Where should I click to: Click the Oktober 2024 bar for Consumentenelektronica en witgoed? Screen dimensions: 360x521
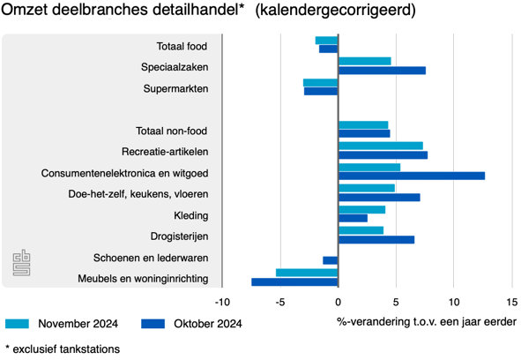pos(411,176)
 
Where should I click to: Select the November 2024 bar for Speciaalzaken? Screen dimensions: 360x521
pos(364,61)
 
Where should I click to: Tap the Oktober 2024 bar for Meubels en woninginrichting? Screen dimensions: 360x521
pos(294,282)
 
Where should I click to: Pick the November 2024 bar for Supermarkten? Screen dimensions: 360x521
pos(320,82)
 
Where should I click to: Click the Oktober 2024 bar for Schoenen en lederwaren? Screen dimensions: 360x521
pos(331,260)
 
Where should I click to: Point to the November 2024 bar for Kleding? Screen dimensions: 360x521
pos(361,209)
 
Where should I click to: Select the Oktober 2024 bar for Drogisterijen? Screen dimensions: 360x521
pos(376,239)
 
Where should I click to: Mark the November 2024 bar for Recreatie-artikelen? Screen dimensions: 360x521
pos(380,146)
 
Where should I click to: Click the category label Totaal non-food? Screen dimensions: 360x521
pos(171,131)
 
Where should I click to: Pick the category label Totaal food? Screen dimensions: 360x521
pos(182,46)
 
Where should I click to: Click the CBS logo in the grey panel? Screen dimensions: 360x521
pos(21,262)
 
